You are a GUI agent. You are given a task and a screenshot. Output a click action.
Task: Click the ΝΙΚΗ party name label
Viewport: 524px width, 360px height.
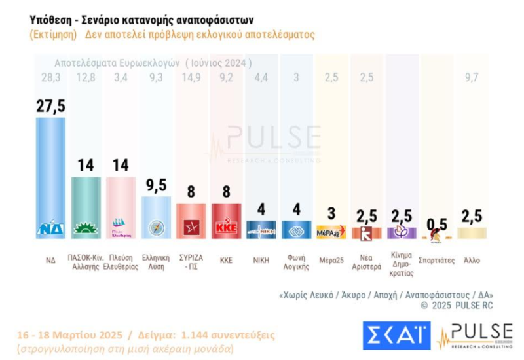[261, 260]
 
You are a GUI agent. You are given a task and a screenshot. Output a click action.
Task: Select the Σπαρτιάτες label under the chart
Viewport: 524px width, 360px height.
[436, 260]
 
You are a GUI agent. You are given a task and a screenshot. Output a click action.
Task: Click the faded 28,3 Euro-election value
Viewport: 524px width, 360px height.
[50, 79]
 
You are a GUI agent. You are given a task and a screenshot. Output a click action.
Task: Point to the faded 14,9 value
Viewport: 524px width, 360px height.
[191, 79]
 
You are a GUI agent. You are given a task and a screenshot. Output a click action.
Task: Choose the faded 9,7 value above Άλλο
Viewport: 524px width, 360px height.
[472, 79]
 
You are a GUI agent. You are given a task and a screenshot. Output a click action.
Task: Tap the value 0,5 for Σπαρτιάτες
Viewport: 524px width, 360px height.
[436, 225]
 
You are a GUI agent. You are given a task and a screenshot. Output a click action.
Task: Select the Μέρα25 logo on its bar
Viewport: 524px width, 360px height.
[331, 232]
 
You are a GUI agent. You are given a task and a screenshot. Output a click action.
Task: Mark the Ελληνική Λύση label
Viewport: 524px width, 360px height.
[156, 264]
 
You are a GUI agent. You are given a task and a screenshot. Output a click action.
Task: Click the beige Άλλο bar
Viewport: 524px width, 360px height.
[472, 232]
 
